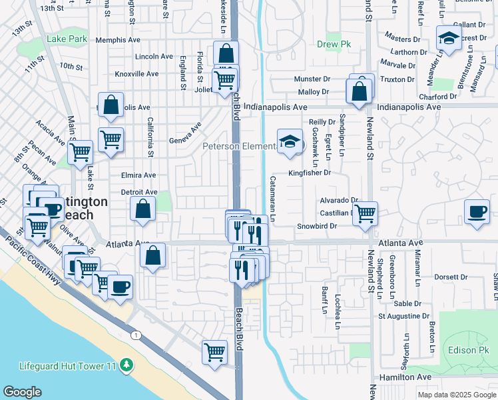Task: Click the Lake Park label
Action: (x=67, y=39)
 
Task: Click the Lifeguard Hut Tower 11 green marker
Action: (x=124, y=365)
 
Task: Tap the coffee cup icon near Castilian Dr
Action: (x=476, y=211)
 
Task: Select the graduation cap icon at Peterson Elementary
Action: (x=290, y=141)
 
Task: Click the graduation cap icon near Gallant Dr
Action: (x=449, y=39)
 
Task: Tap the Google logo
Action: (x=22, y=392)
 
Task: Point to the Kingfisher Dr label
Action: (x=310, y=173)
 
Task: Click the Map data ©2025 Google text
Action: (x=456, y=395)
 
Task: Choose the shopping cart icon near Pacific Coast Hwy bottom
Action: (x=214, y=351)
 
